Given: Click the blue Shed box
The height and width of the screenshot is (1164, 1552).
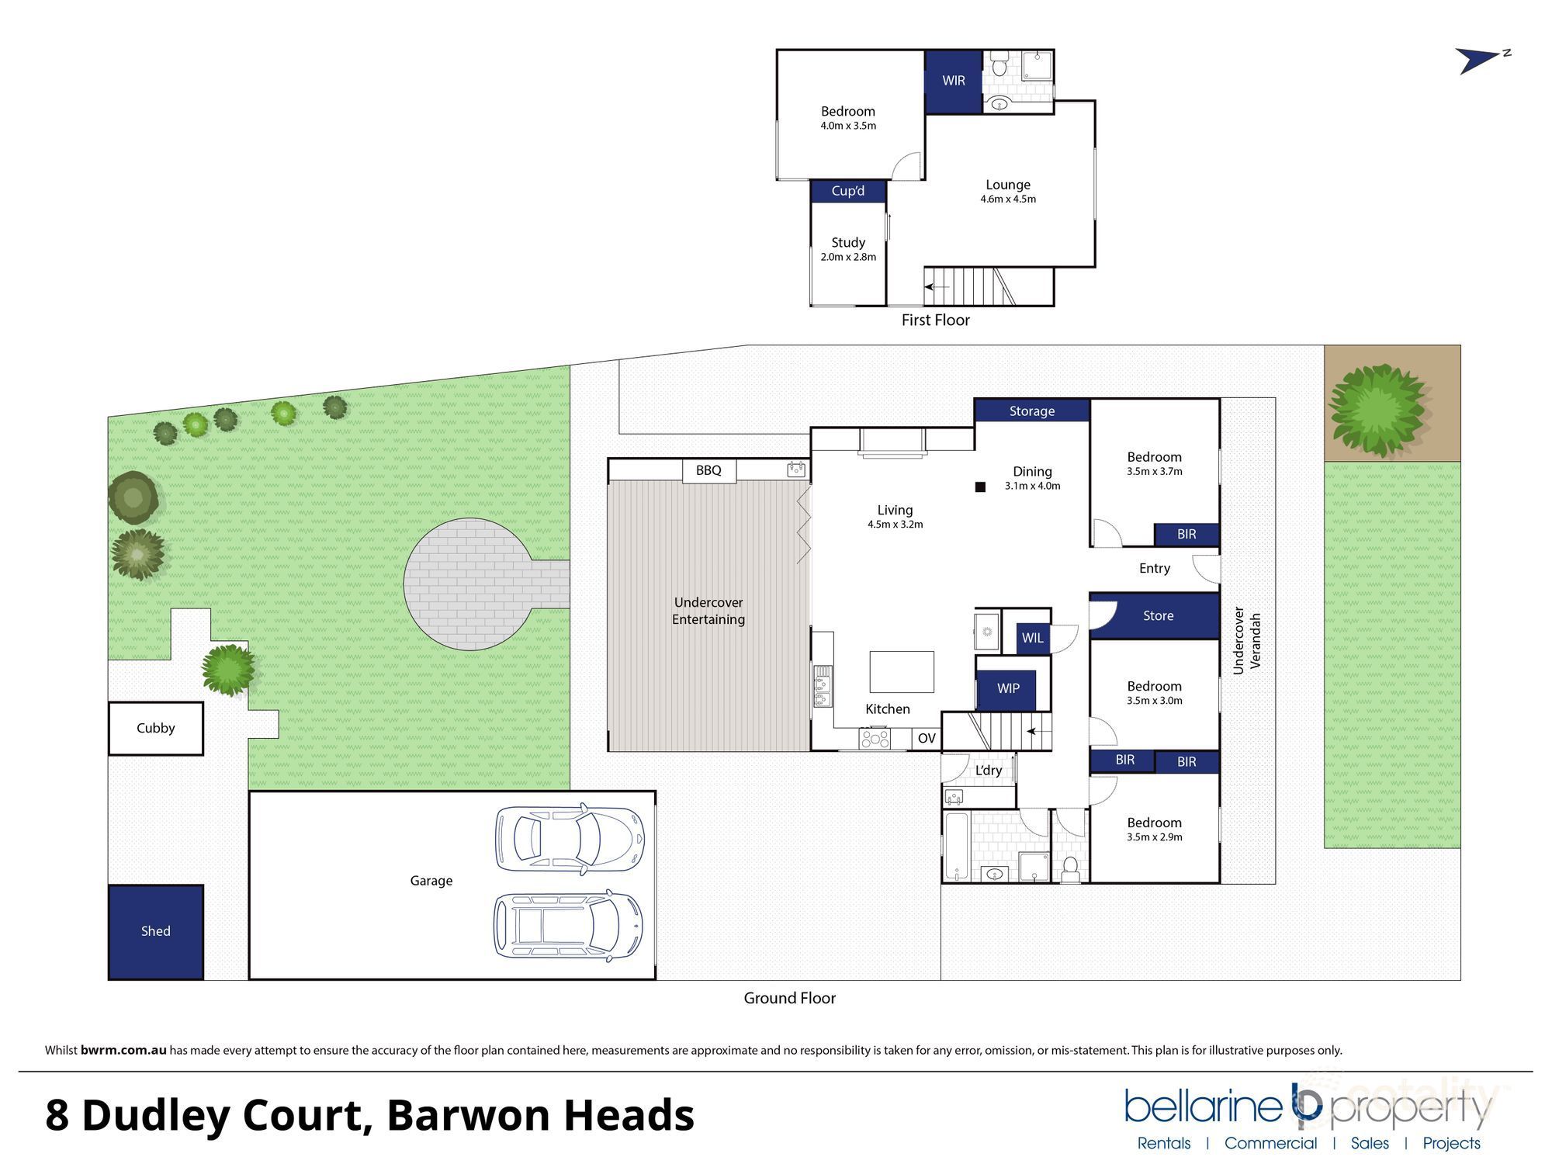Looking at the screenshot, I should [x=155, y=931].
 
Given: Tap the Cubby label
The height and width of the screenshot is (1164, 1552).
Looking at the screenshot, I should [x=155, y=728].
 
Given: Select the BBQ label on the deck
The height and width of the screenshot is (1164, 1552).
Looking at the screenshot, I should [x=708, y=470].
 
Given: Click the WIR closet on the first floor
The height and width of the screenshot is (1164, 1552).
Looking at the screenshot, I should [x=953, y=81].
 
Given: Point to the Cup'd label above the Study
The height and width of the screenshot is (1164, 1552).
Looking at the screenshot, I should [x=847, y=191].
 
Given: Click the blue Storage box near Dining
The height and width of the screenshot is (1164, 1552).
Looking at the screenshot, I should [x=1031, y=411].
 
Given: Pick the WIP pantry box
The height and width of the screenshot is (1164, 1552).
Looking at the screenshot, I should [x=1007, y=688].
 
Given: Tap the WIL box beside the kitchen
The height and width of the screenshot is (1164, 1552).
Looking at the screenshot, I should [x=1032, y=638].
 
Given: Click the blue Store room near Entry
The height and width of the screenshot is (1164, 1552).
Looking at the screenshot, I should [x=1158, y=615].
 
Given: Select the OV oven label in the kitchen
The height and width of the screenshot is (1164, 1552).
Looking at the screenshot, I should [x=927, y=738].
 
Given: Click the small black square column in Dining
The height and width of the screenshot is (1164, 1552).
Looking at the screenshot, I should [x=980, y=487].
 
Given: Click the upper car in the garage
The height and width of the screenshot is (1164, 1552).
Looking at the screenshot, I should [x=570, y=838].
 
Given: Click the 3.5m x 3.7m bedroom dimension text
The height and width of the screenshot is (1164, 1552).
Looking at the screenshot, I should [x=1154, y=471].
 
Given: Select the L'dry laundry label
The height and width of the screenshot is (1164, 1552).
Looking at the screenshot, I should [x=988, y=770].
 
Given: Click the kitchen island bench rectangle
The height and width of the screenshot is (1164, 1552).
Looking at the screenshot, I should [x=901, y=672].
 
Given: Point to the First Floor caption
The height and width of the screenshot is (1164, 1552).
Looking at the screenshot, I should [x=935, y=320].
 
